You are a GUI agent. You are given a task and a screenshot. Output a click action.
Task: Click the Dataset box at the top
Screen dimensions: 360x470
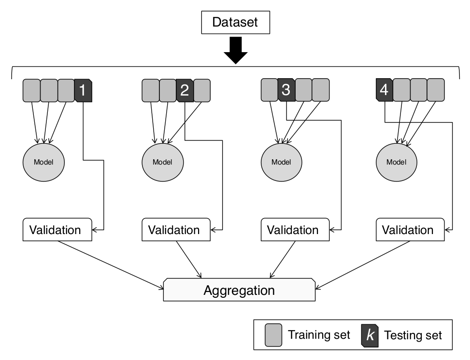coord(236,22)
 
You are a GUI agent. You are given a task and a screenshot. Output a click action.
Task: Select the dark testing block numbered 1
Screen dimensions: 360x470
coord(83,91)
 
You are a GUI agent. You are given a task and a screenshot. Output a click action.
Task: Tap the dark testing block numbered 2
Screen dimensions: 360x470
coord(184,91)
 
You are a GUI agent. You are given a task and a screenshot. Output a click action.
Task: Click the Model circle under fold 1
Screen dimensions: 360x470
coord(43,162)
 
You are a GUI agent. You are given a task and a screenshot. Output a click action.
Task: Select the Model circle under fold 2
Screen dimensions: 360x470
coord(162,162)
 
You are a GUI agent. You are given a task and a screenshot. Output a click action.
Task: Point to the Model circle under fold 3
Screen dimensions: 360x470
coord(281,162)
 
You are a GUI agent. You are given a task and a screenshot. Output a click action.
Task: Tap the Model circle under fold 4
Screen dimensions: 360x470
coord(396,162)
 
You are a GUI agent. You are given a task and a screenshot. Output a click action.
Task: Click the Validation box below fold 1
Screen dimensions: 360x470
coord(57,230)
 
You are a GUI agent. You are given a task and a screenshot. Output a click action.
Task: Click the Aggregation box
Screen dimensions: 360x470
coord(239,291)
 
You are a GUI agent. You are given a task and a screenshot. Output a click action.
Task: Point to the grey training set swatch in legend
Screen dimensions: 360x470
coord(273,334)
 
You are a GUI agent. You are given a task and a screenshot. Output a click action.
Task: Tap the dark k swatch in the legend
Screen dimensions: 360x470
coord(370,334)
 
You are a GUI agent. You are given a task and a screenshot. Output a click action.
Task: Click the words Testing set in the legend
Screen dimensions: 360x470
coord(413,335)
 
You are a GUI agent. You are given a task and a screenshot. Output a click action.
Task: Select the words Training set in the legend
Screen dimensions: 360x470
coord(319,335)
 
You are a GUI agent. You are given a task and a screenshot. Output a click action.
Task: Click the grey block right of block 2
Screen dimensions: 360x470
coord(202,91)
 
